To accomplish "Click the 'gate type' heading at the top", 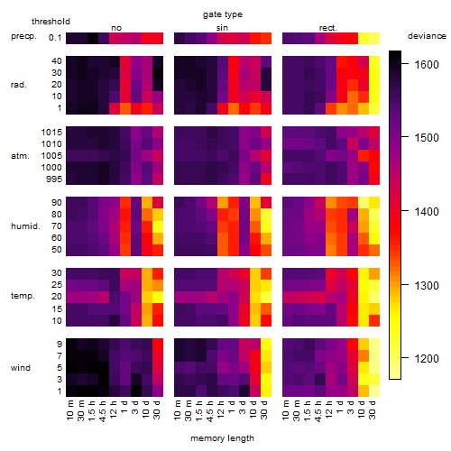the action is (x=223, y=14).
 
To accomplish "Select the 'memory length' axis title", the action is (x=223, y=438).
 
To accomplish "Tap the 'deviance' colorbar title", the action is (x=427, y=36).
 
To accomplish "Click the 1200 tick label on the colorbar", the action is (x=427, y=358).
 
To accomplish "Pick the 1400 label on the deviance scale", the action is (x=427, y=212).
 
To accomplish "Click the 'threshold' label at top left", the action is (x=51, y=22).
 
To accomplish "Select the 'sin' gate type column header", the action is (x=222, y=28).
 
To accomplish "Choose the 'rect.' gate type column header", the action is (x=328, y=28).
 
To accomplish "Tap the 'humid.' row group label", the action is (x=25, y=226).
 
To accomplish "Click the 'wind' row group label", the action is (x=21, y=368).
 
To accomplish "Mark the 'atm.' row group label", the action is (x=20, y=156).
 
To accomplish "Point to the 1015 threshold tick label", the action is (x=51, y=133).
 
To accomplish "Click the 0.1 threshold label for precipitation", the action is (x=55, y=38).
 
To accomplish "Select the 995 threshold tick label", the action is (x=54, y=179).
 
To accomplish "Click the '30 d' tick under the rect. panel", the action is (x=373, y=410).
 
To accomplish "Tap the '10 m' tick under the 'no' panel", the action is (x=69, y=410).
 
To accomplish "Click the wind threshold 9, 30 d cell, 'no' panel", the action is (x=158, y=344).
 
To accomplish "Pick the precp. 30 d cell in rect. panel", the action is (x=374, y=38).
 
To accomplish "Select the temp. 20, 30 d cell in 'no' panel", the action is (x=158, y=297).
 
